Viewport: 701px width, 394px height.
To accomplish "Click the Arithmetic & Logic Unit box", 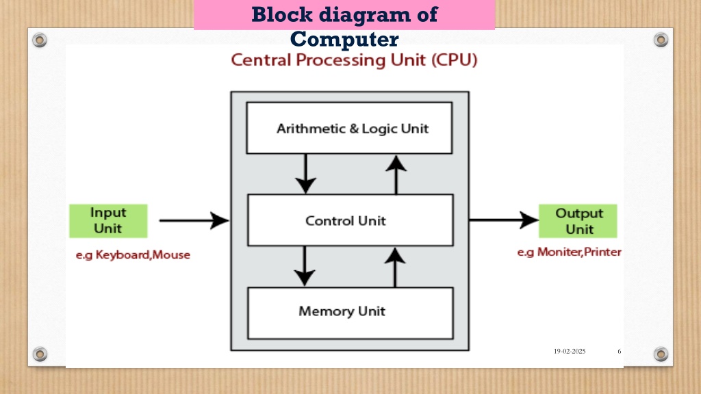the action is (349, 128).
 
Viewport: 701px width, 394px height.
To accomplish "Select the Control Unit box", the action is (350, 220).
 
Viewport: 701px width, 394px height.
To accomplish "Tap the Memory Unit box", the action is (350, 313).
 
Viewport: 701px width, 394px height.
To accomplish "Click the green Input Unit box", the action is (108, 221).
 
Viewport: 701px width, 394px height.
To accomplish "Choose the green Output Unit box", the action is (578, 221).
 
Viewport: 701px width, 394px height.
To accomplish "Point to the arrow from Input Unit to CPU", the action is (194, 220).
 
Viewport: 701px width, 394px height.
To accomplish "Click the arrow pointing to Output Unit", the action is (504, 220).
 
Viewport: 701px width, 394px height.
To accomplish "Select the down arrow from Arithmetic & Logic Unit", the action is (306, 174).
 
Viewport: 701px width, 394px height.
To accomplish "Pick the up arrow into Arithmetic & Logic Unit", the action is (396, 174).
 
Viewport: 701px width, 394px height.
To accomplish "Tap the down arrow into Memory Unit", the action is (305, 266).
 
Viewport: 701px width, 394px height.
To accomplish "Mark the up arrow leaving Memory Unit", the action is (395, 267).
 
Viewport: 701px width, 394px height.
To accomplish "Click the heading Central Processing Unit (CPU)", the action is (354, 60).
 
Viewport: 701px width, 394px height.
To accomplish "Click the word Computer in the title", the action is (344, 39).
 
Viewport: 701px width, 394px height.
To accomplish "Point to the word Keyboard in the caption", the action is (123, 254).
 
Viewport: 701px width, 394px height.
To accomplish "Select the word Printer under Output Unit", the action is (602, 252).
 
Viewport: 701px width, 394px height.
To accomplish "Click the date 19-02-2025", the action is (570, 351).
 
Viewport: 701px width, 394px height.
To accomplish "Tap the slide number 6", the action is (619, 351).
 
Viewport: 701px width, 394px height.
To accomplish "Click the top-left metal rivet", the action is (40, 40).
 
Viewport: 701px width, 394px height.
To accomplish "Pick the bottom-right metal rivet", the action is (661, 354).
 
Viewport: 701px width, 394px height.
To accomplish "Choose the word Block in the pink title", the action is (282, 14).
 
